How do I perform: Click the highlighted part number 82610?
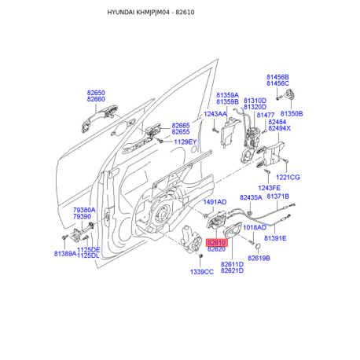[217, 243]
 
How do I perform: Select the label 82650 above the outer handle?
[96, 93]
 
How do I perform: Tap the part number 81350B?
[292, 114]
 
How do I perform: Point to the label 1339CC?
[202, 272]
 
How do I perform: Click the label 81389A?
[65, 254]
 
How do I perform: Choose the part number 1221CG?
[288, 178]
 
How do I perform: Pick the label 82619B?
[259, 259]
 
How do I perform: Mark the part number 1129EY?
[186, 142]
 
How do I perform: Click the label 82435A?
[251, 197]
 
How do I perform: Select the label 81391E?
[275, 238]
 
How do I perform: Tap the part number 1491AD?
[215, 202]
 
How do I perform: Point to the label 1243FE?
[270, 188]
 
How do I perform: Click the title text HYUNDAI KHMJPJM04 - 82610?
[151, 13]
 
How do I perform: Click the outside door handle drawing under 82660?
[99, 118]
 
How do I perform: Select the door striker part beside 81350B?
[289, 94]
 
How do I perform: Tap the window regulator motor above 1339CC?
[192, 240]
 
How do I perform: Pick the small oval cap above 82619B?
[258, 246]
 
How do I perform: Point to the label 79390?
[82, 217]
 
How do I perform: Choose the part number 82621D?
[232, 270]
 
